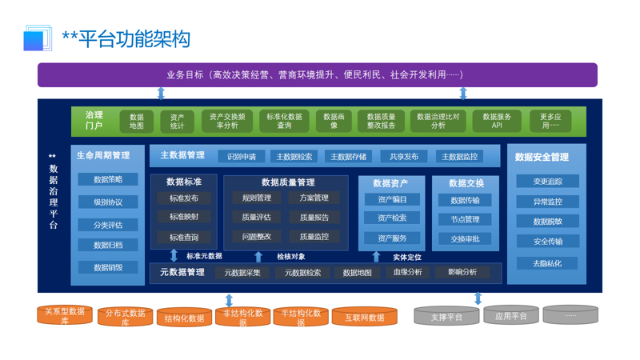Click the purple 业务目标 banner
pos(317,74)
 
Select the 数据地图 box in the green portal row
pos(137,121)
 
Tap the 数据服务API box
pos(497,121)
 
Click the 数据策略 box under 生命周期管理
pos(108,180)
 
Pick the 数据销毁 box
pos(108,267)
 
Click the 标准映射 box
pos(184,217)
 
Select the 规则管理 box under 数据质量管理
pos(257,198)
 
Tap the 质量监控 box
pos(314,237)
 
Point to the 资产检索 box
pos(393,218)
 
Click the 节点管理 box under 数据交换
pos(465,219)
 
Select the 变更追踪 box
pos(547,182)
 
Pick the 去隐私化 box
pos(547,263)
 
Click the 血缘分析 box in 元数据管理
pos(408,272)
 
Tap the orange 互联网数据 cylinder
pos(365,318)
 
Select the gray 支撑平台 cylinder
pos(446,317)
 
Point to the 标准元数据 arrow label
pos(204,256)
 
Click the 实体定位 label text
pos(407,257)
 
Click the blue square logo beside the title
pos(34,39)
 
